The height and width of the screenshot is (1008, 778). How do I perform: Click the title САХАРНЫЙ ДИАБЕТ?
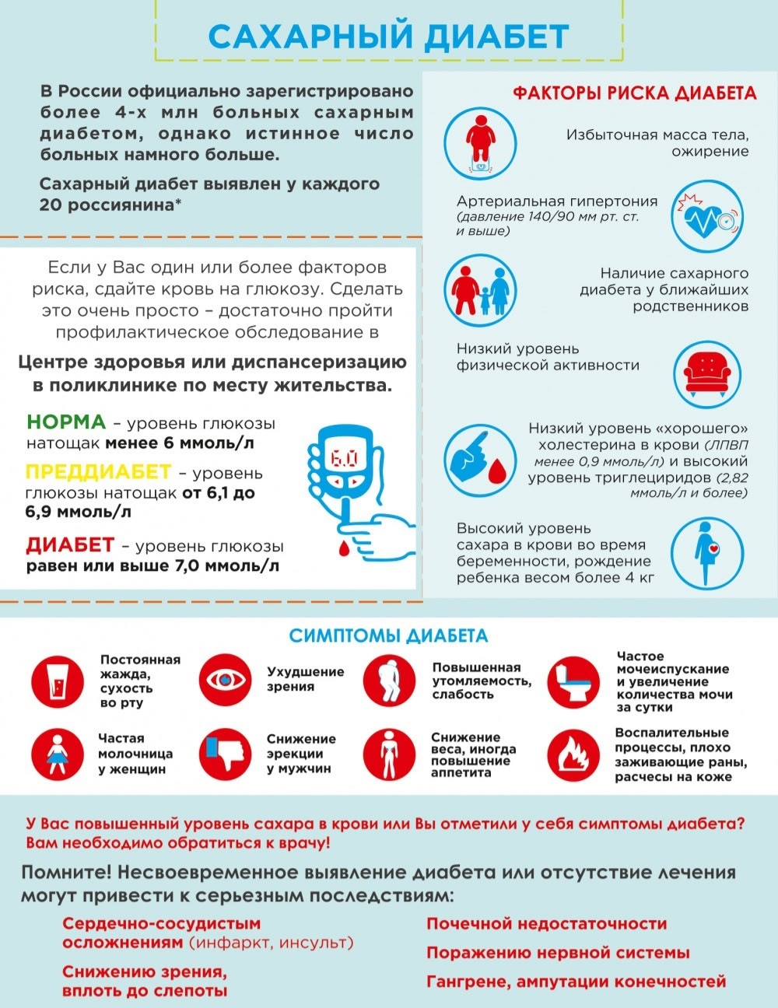tap(390, 36)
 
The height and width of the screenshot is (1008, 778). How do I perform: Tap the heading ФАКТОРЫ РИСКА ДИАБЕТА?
tap(634, 93)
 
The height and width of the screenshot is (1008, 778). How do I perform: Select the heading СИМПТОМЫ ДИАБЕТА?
tap(388, 636)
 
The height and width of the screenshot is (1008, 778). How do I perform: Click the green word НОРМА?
tap(66, 422)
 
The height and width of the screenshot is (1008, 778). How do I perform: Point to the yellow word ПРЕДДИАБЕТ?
tap(98, 471)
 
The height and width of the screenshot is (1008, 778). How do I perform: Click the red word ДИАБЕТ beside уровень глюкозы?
tap(70, 544)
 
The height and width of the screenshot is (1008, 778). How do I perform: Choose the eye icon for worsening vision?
tap(226, 680)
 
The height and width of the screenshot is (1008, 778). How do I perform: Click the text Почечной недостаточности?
tap(546, 924)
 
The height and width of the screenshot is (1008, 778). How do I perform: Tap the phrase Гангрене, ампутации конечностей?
tap(576, 982)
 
